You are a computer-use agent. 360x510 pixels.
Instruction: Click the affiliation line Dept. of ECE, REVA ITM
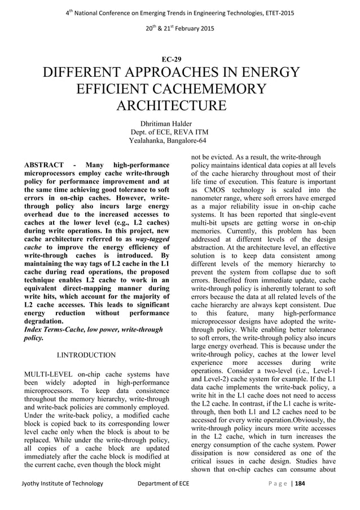tap(169, 132)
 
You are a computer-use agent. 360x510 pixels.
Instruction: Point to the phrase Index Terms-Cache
tap(54, 328)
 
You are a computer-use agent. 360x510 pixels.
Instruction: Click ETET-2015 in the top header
tap(277, 12)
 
